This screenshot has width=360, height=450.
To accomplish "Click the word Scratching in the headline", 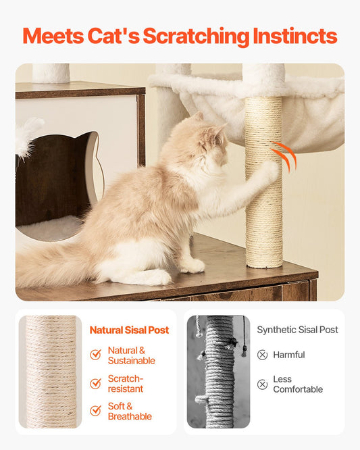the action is [x=196, y=36].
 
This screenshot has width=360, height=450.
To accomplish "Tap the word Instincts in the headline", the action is [x=295, y=36].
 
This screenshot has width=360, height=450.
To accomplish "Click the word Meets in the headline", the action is [x=53, y=36].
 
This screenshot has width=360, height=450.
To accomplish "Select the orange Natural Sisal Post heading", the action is [x=129, y=330].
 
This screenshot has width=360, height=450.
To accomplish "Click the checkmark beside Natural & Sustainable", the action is [x=95, y=355].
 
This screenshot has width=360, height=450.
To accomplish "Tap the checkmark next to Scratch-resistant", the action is [x=95, y=383].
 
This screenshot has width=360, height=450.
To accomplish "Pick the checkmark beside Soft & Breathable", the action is [x=95, y=411].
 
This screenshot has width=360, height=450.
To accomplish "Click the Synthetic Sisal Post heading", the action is [x=297, y=330].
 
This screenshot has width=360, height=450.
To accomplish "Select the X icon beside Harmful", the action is [x=262, y=355].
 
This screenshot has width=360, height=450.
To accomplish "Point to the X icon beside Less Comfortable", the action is [x=262, y=384].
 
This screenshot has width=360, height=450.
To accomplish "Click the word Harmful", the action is [x=289, y=355].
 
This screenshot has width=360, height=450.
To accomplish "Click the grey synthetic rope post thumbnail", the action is [x=218, y=372].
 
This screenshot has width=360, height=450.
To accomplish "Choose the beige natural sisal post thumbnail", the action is [x=50, y=372].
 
